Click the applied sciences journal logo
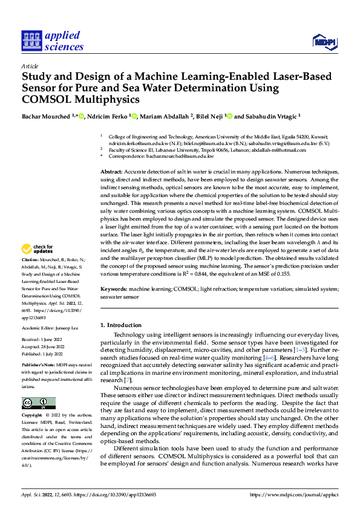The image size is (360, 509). point(53,41)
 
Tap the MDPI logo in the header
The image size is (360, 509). point(324,41)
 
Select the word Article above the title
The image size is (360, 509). point(30,66)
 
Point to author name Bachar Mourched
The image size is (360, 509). point(46,117)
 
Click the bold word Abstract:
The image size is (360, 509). point(112,172)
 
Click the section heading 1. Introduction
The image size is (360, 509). point(122,326)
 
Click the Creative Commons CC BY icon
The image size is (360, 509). point(38,403)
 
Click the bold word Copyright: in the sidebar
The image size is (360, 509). point(32,416)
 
